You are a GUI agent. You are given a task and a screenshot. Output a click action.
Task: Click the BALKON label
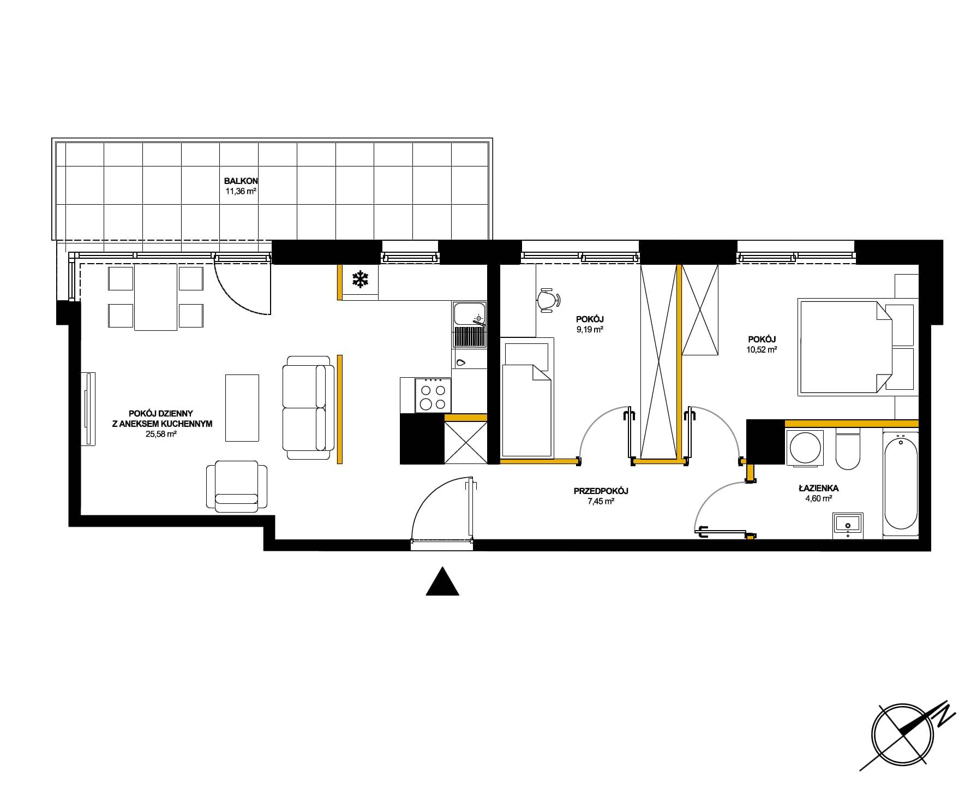click(241, 181)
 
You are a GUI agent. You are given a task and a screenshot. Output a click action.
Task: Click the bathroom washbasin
click(848, 525)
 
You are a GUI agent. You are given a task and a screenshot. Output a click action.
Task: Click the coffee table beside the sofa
click(242, 407)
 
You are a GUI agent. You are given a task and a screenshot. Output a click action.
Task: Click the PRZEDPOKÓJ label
click(601, 491)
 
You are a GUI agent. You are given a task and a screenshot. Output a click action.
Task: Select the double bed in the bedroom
click(856, 346)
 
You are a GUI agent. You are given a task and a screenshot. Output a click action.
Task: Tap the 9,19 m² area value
click(590, 329)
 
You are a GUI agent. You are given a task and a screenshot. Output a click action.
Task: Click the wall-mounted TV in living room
click(88, 408)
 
